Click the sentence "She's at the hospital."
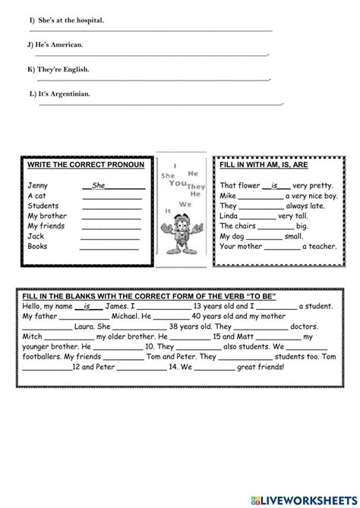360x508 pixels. point(69,20)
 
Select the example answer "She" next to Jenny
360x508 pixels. point(99,185)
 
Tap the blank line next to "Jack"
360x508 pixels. point(111,236)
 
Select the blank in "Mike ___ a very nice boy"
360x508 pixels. point(264,195)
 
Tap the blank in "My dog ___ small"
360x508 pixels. point(261,236)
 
